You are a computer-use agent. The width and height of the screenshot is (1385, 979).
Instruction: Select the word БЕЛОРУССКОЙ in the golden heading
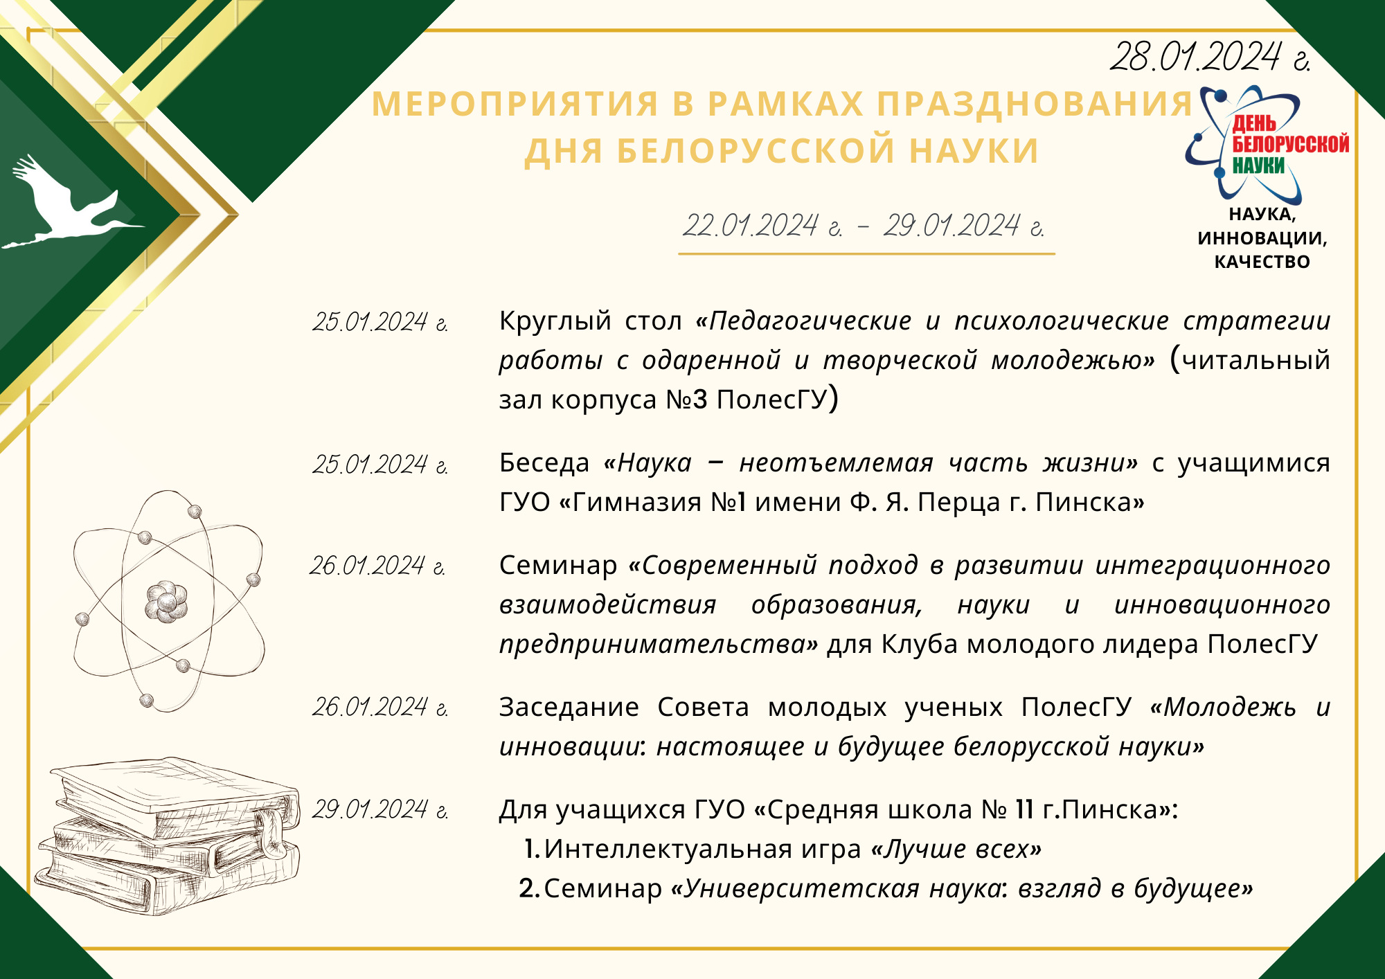[x=759, y=151]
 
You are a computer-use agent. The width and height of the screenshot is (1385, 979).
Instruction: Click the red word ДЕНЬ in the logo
[x=1254, y=123]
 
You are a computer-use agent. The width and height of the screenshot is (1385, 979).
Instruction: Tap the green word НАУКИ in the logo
[x=1258, y=165]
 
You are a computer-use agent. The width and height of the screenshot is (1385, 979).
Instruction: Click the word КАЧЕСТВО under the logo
[x=1262, y=262]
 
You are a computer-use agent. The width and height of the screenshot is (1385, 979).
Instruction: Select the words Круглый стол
[x=591, y=321]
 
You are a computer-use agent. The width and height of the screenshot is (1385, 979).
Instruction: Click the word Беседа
[x=544, y=462]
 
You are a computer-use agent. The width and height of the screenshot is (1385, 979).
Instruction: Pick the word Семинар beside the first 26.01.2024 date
[x=557, y=565]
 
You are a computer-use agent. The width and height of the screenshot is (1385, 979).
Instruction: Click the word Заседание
[x=569, y=707]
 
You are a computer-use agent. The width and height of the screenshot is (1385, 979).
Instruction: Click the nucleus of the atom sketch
[x=166, y=600]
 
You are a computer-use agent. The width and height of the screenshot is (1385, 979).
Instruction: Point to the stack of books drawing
[x=168, y=836]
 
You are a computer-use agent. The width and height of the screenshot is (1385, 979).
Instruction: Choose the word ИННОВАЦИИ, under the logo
[x=1262, y=238]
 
